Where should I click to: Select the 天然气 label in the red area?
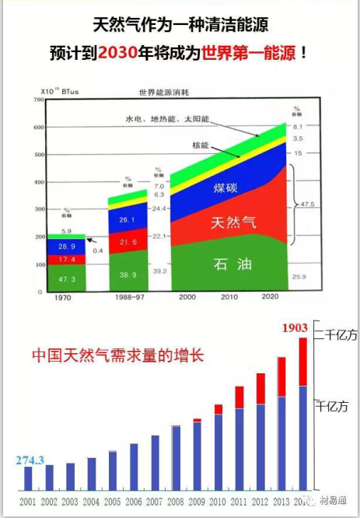231,223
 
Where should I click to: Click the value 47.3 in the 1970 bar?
67,278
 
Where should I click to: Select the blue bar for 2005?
113,471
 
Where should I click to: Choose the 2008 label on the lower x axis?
177,502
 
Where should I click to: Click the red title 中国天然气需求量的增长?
117,355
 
